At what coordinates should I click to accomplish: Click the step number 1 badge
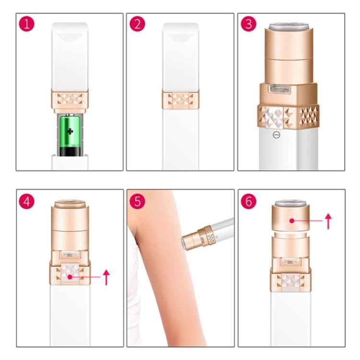point(27,24)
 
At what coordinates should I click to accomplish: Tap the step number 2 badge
point(137,24)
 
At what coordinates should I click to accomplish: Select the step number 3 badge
point(248,24)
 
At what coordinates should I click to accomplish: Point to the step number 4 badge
point(27,201)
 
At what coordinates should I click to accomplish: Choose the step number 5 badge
point(137,201)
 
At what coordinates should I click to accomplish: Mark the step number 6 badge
point(248,201)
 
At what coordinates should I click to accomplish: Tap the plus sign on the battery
point(71,132)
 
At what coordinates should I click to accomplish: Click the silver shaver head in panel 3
point(291,26)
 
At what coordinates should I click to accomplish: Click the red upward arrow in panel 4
point(107,277)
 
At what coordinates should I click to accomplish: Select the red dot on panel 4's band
point(70,277)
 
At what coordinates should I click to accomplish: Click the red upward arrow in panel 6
point(328,221)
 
